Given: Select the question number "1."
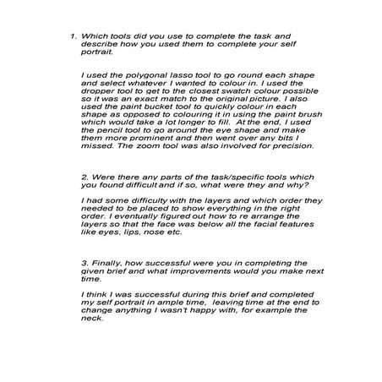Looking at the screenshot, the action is pyautogui.click(x=74, y=36).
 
